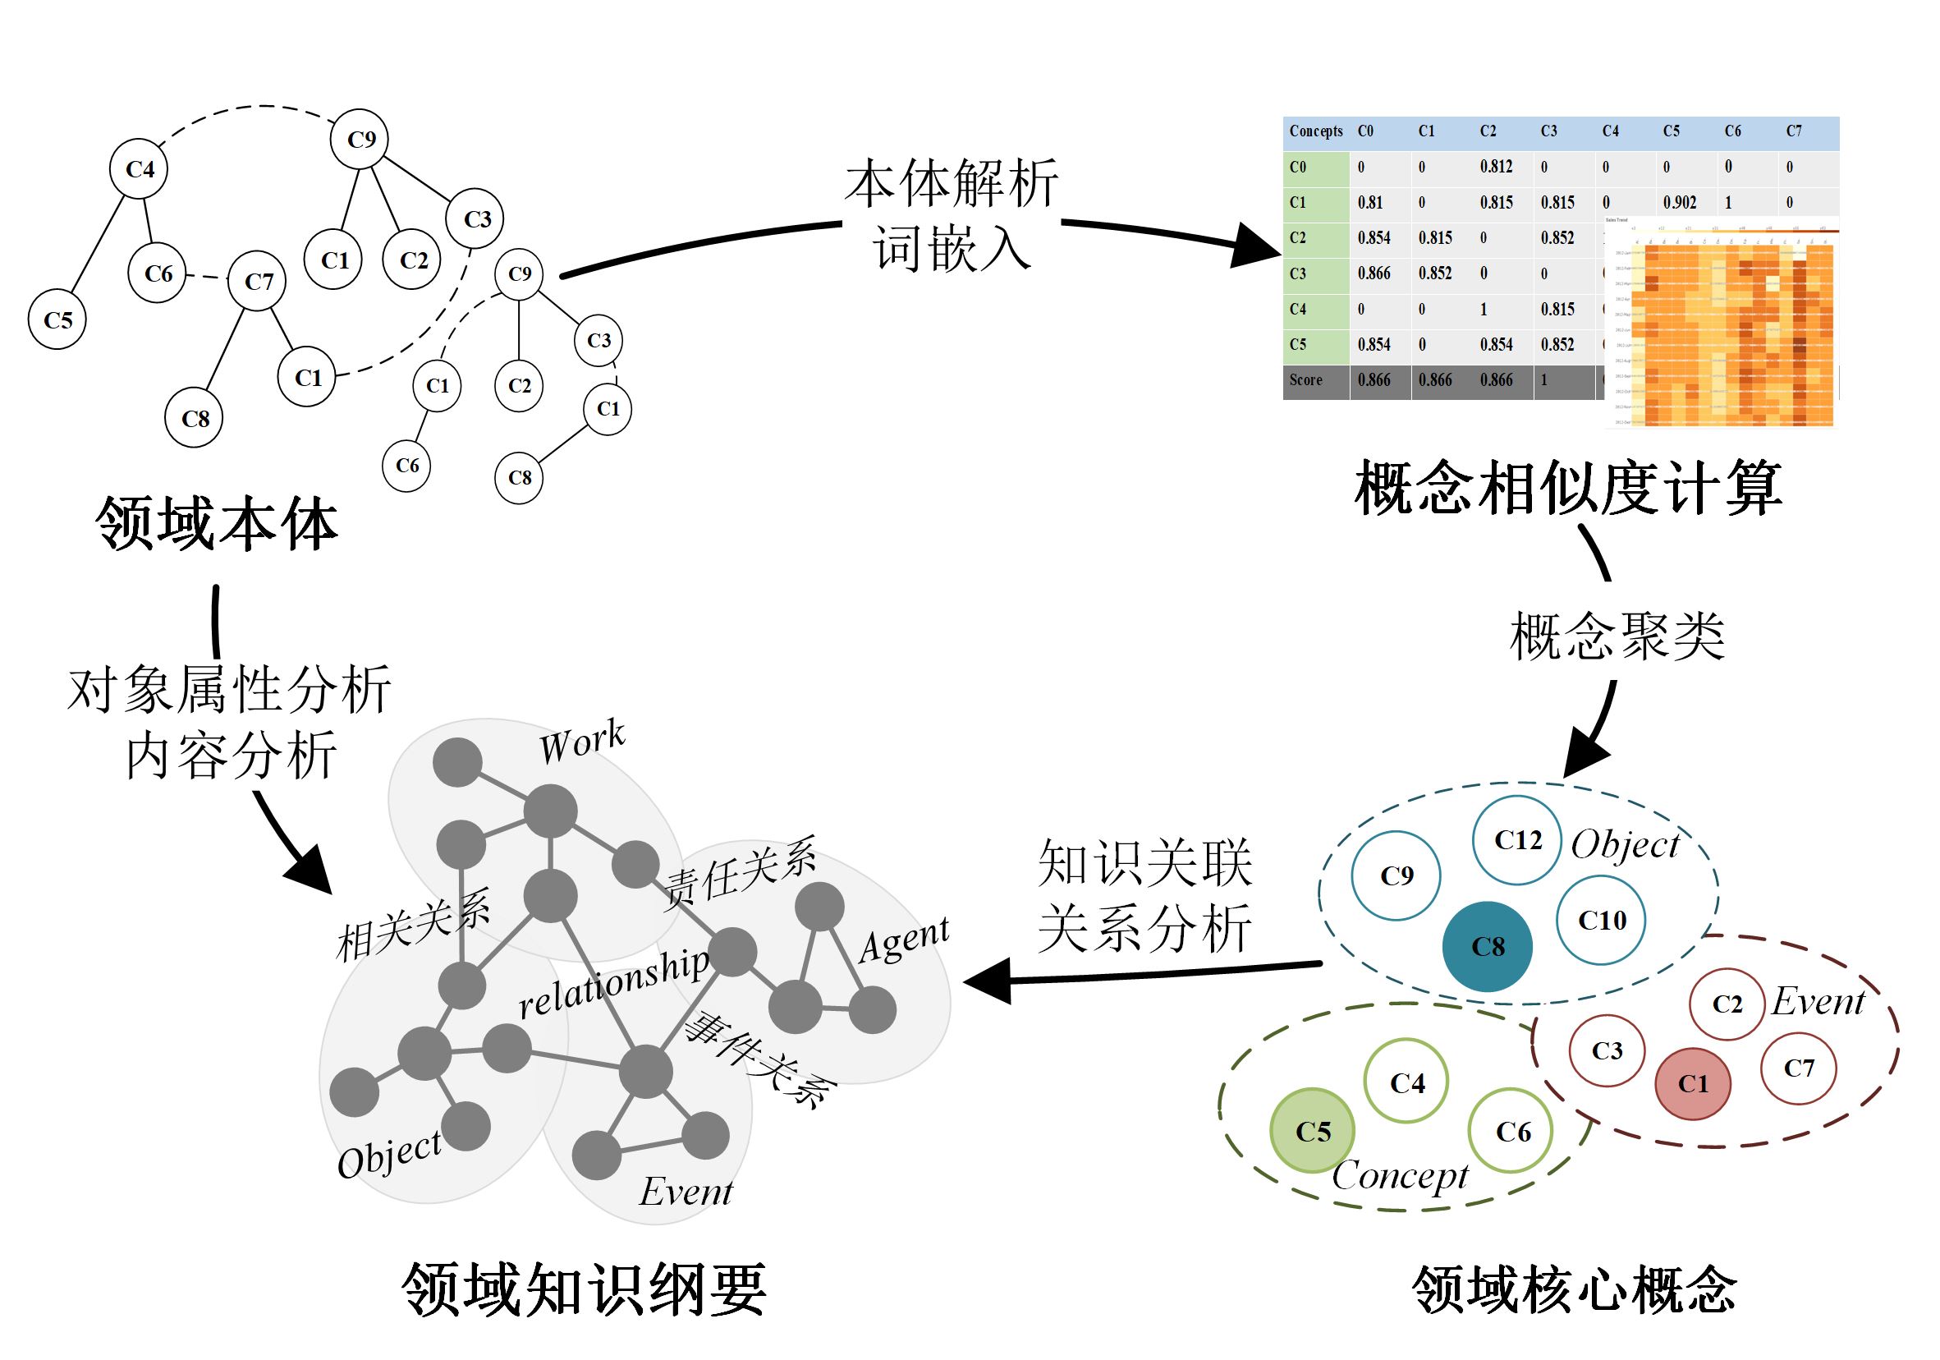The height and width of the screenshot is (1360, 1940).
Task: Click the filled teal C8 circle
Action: (1486, 946)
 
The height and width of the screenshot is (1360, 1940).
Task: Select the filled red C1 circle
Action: (1692, 1082)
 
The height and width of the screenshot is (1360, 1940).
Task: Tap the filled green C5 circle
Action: (1312, 1130)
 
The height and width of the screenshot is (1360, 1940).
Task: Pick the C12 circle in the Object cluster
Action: (1516, 839)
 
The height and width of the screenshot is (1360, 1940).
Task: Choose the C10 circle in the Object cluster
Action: (1601, 920)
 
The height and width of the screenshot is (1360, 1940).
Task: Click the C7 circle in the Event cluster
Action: (1799, 1068)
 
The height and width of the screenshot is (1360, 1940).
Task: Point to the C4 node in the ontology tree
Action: (140, 169)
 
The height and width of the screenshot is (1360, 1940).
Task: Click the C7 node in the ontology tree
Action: (258, 282)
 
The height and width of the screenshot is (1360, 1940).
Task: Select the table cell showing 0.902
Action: (1679, 203)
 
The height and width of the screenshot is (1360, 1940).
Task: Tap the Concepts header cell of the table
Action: (1315, 131)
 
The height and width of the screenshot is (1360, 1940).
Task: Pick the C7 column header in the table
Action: (1794, 131)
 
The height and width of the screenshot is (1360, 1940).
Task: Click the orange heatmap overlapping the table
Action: (1724, 329)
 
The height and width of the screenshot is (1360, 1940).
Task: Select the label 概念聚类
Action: (1617, 636)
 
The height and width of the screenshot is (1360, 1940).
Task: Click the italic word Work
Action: (582, 743)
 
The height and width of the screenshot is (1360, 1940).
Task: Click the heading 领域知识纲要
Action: (584, 1289)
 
